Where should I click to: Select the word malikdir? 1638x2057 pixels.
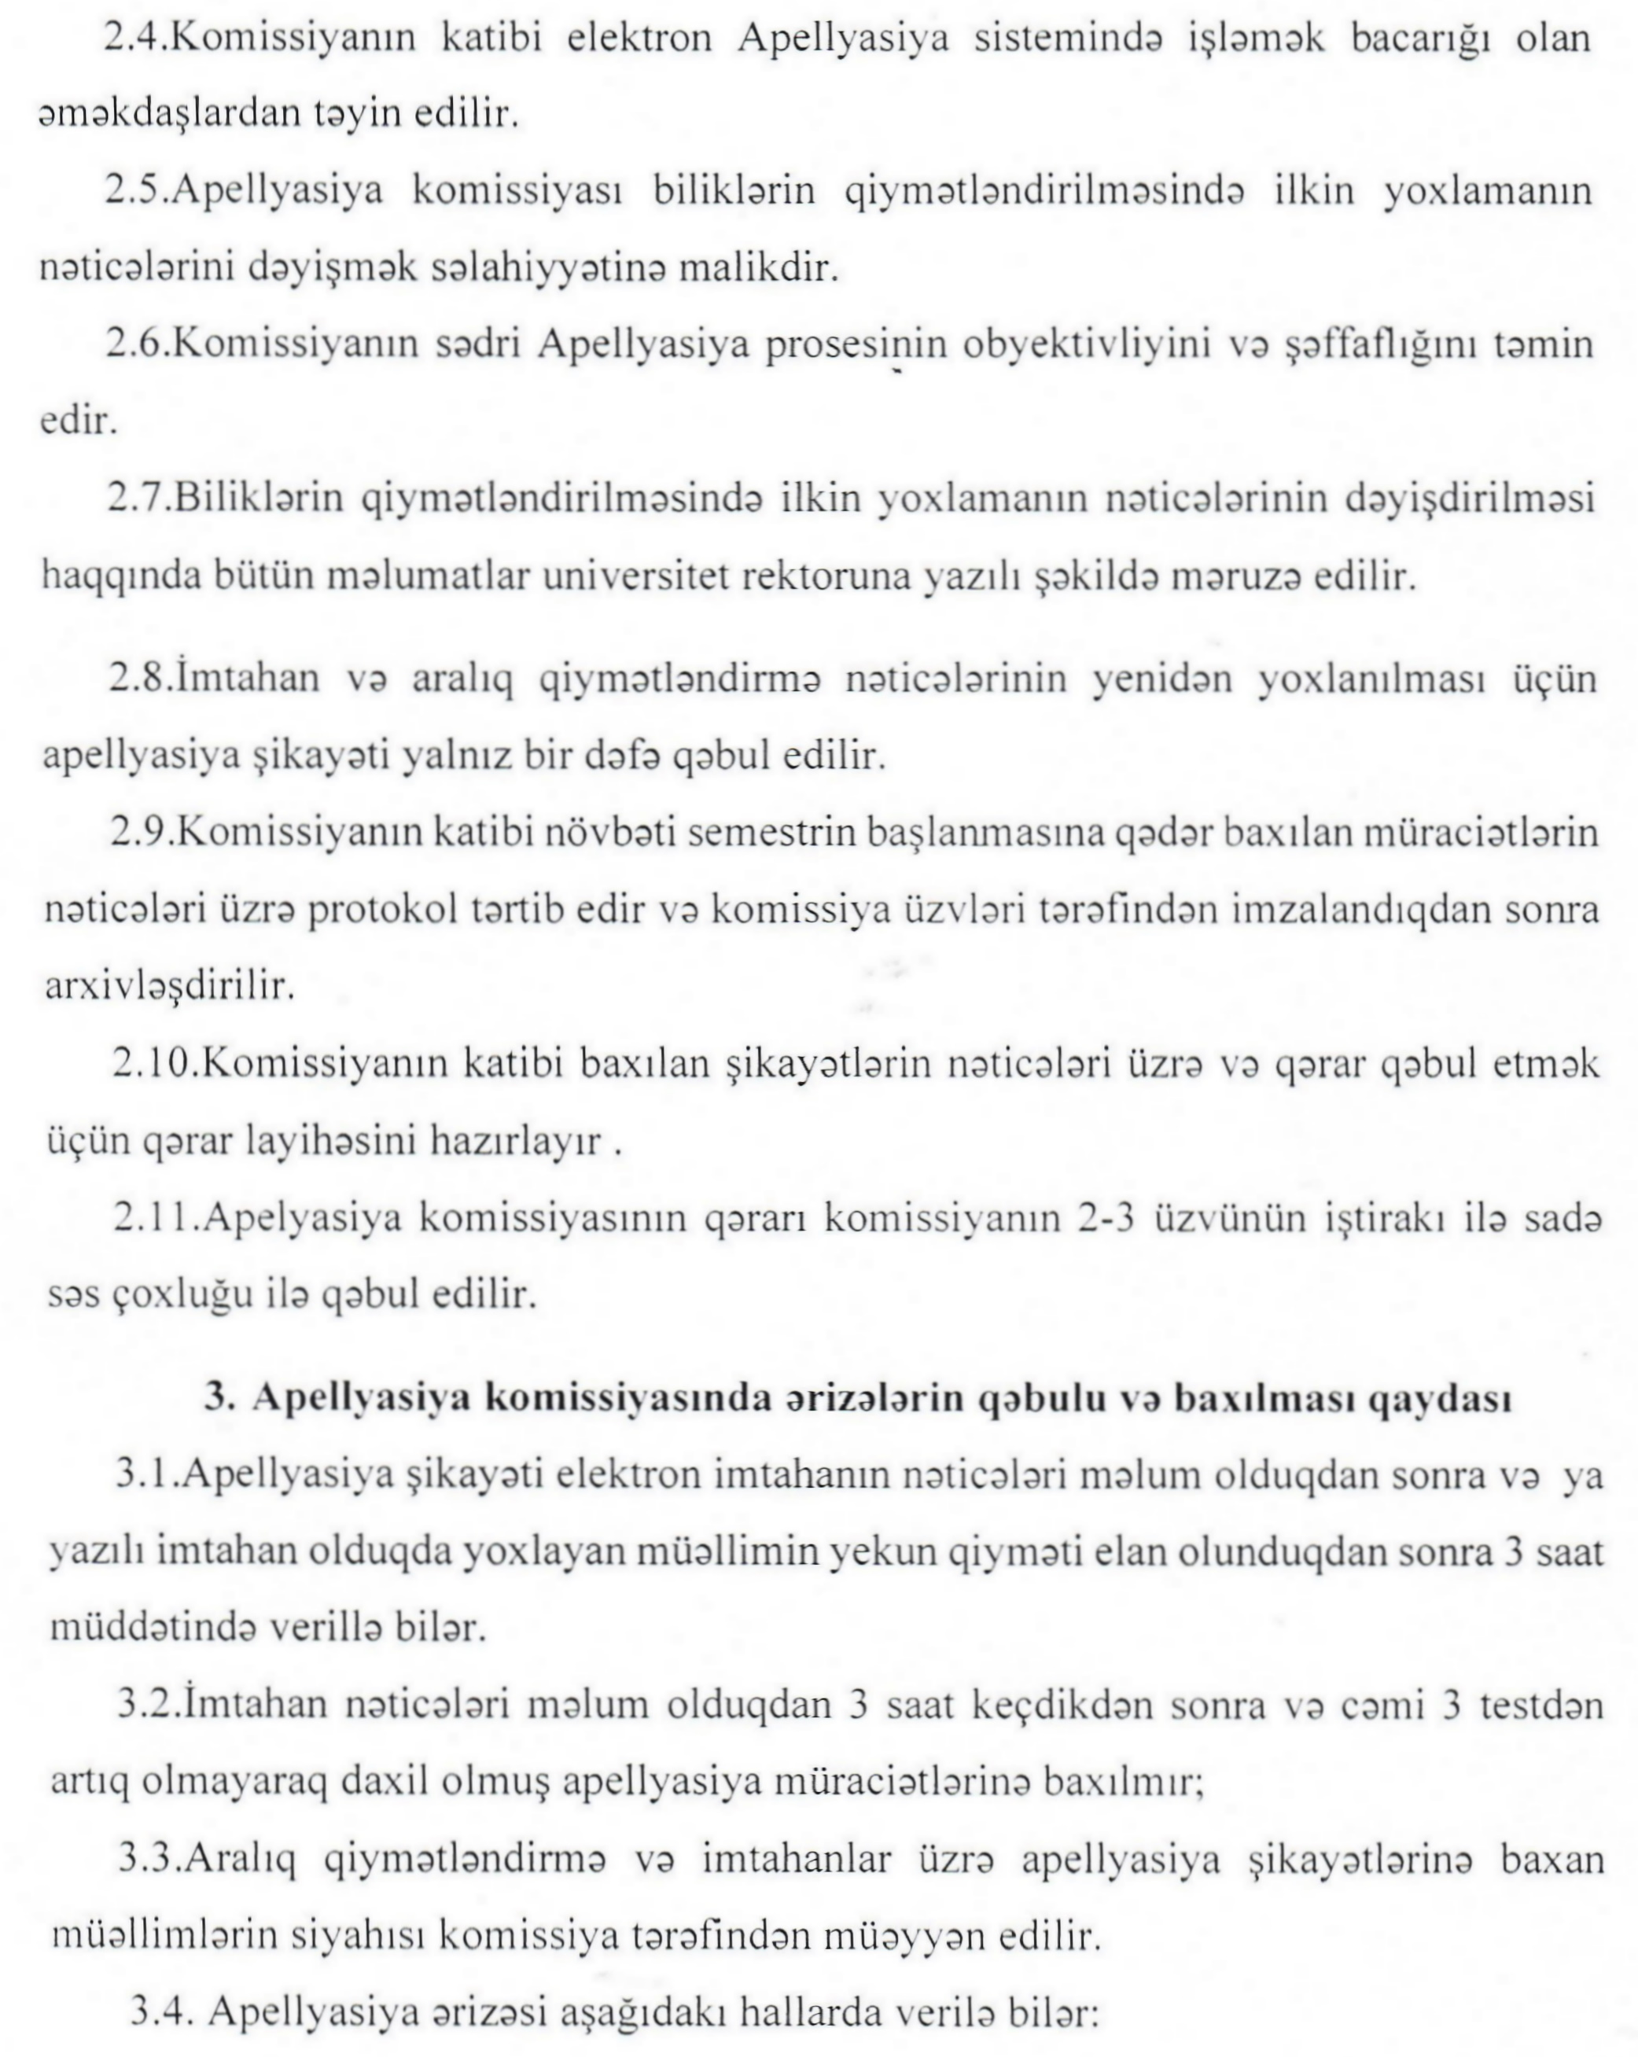pyautogui.click(x=757, y=268)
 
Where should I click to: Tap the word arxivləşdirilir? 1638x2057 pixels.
pyautogui.click(x=170, y=985)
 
